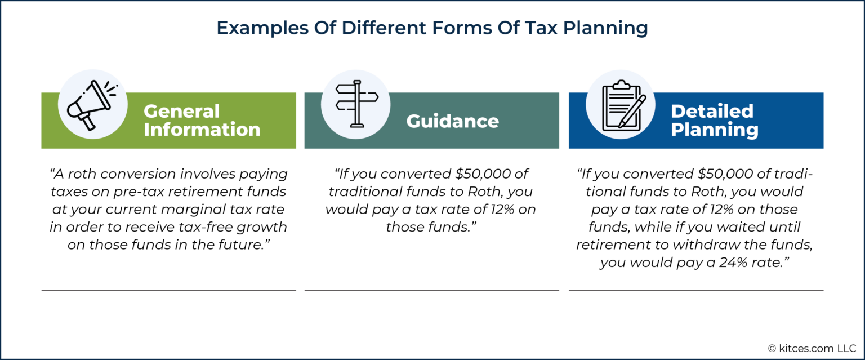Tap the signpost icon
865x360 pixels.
pyautogui.click(x=356, y=104)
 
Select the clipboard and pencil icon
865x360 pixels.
pyautogui.click(x=620, y=104)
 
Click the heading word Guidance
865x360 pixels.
pyautogui.click(x=452, y=121)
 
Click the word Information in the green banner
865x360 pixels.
pyautogui.click(x=202, y=130)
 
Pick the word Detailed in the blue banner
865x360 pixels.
pyautogui.click(x=711, y=112)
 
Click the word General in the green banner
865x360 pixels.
pyautogui.click(x=181, y=112)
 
